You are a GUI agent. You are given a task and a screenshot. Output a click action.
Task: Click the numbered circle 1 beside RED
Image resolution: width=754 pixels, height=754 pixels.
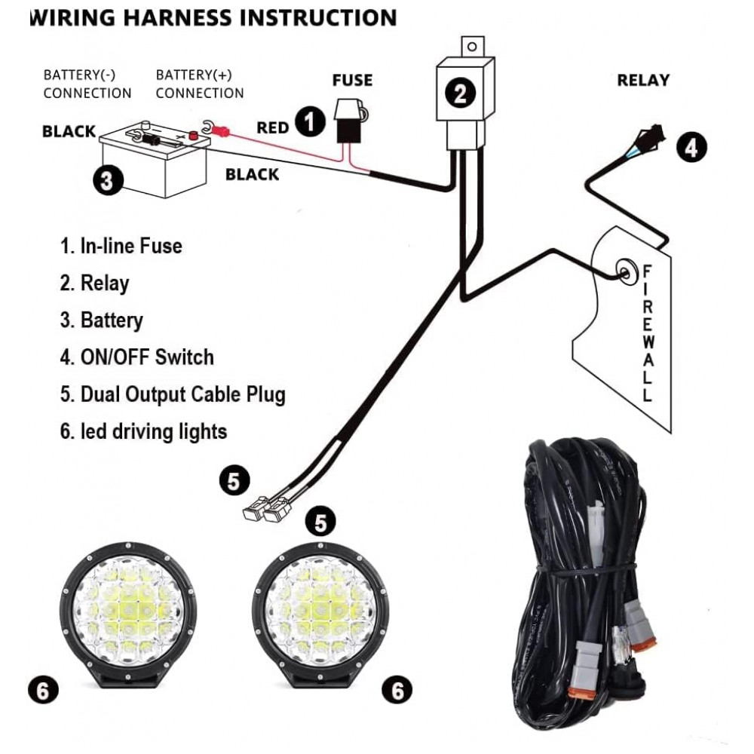(x=310, y=121)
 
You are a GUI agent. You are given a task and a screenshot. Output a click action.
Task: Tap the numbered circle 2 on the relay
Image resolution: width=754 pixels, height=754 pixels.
(x=460, y=94)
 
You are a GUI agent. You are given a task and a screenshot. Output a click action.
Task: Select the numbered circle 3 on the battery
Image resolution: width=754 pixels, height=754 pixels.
(x=107, y=180)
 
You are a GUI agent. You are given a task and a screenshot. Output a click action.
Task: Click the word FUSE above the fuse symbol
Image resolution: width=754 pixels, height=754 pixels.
(x=353, y=80)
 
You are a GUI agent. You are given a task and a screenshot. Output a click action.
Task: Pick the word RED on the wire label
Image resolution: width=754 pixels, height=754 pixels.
(x=272, y=127)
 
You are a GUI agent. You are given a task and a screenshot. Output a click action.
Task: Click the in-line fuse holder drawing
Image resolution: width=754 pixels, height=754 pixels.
(x=349, y=121)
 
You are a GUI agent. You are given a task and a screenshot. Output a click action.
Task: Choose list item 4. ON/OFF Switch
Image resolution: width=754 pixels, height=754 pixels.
(x=136, y=357)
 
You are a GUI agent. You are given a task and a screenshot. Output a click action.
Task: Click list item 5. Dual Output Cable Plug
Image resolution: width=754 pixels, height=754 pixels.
(x=172, y=394)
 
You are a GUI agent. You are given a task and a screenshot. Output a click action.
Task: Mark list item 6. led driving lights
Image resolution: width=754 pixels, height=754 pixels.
(x=143, y=432)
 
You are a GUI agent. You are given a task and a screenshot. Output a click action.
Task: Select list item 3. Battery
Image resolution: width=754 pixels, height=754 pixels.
(x=101, y=320)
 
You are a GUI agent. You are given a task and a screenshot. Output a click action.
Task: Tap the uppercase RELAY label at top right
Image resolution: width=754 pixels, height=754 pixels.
(x=643, y=80)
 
